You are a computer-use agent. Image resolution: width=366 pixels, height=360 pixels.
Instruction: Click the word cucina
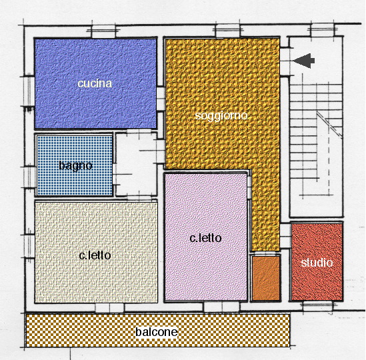tap(95, 83)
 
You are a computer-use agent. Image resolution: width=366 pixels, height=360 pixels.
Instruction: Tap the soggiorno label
tap(221, 116)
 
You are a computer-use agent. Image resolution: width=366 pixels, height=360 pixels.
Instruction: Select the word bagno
tap(75, 166)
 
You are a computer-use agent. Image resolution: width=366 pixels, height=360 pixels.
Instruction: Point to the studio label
tap(317, 263)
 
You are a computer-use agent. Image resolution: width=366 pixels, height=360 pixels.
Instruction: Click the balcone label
tap(157, 332)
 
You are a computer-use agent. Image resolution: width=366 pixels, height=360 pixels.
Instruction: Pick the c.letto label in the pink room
tap(205, 238)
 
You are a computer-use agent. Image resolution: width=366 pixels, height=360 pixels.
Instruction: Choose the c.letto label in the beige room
tap(95, 255)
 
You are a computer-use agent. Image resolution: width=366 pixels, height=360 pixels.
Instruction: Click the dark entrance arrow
tap(304, 61)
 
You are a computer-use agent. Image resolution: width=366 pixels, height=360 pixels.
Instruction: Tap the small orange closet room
tap(266, 278)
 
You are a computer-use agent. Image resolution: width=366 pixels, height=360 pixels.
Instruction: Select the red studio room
tap(317, 262)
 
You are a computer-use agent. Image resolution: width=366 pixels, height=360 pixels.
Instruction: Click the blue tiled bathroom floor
tap(75, 165)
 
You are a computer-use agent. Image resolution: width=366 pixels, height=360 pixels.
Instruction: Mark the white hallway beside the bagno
tap(136, 164)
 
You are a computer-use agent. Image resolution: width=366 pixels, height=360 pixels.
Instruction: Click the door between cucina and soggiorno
tap(161, 99)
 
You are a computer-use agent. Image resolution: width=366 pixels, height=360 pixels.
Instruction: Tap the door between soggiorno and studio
tap(285, 236)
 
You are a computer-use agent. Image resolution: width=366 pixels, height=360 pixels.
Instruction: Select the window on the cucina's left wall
tap(29, 91)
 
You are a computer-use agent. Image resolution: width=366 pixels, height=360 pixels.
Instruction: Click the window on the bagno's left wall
tap(29, 177)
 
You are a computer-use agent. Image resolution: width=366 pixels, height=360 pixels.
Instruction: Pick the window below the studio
tap(317, 305)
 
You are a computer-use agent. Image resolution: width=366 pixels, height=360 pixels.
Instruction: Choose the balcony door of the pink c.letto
tap(221, 307)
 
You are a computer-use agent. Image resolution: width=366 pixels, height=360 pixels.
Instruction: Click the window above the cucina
tap(103, 31)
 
